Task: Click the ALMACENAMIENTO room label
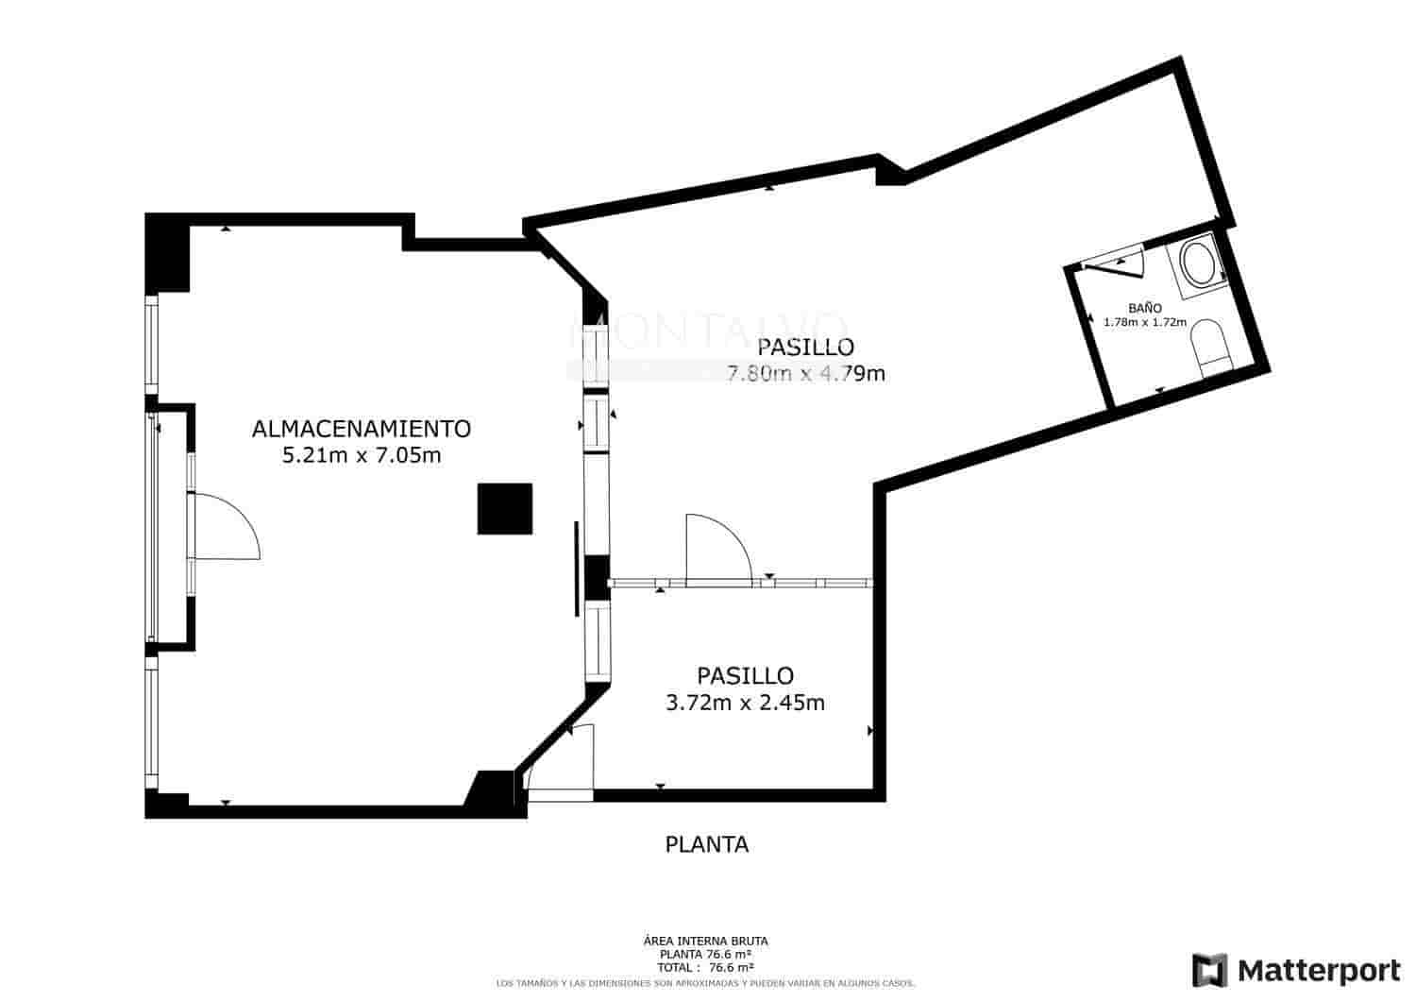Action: (362, 429)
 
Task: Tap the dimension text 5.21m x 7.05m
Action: (362, 456)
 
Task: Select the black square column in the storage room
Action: (505, 509)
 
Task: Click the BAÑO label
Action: (1144, 308)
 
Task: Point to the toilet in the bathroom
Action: (1208, 347)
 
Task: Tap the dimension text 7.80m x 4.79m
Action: (805, 373)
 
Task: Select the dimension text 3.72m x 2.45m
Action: (745, 703)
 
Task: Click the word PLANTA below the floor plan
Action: (707, 844)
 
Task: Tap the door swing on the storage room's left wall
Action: (225, 526)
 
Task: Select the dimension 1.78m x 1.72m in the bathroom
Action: (1144, 322)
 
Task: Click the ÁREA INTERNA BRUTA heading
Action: (705, 941)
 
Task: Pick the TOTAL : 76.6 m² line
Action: (705, 967)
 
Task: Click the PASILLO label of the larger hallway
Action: (805, 347)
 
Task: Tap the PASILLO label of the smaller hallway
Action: (745, 676)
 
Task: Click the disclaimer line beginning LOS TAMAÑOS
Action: (705, 983)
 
